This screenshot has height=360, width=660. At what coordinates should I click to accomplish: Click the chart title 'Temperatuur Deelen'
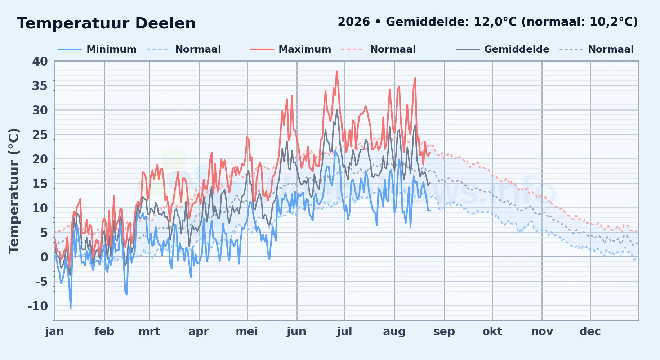(x=106, y=23)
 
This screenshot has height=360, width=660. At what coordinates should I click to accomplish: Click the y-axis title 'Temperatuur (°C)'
(x=14, y=191)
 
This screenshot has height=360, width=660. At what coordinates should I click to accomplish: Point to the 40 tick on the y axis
(x=40, y=62)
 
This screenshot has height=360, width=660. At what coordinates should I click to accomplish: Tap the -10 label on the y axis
(x=38, y=306)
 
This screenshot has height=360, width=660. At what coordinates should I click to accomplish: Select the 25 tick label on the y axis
(x=40, y=135)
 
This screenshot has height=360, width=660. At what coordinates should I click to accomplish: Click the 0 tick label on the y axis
(x=44, y=257)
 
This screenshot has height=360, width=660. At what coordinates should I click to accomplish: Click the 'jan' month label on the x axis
(x=54, y=332)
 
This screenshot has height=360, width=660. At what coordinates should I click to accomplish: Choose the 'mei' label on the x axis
(x=247, y=332)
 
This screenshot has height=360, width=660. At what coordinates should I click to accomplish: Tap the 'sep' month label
(x=444, y=332)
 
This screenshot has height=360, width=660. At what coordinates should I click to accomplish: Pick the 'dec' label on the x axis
(x=590, y=332)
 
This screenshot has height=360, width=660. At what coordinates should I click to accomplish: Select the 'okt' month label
(x=492, y=332)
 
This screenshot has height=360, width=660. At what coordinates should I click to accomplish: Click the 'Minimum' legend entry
(x=112, y=49)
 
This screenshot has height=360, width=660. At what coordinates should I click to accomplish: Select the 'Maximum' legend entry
(x=305, y=49)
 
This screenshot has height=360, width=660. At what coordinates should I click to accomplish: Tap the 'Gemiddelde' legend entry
(x=517, y=49)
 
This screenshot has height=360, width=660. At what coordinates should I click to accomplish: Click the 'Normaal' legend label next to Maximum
(x=393, y=49)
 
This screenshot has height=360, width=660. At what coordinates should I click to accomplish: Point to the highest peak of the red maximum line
(x=337, y=71)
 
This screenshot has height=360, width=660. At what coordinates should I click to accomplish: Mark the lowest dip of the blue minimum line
(x=71, y=308)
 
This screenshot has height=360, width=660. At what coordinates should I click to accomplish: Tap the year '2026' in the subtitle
(x=354, y=22)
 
